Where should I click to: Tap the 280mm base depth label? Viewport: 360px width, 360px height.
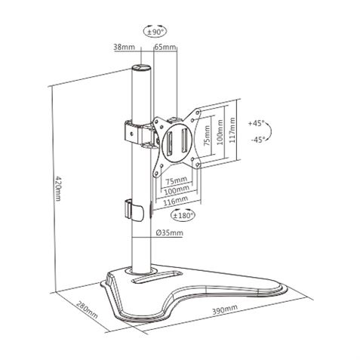88,316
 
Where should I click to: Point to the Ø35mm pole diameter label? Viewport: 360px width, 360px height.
170,233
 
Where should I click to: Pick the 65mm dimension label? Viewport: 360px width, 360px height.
165,47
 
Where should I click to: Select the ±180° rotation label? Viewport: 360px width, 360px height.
183,215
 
